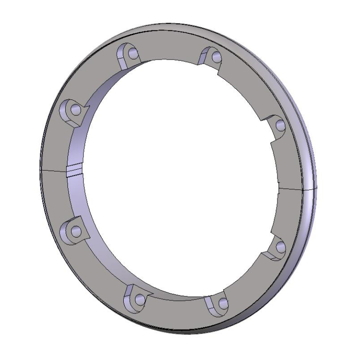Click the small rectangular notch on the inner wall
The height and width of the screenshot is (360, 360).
coord(74,170)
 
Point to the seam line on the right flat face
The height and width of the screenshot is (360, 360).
coord(291,189)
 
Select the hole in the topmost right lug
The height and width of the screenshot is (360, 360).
coord(216,57)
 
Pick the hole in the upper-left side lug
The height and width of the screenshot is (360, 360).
coord(75,111)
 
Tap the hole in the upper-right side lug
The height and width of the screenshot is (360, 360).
coord(280,125)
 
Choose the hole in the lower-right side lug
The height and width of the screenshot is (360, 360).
coord(280,247)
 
